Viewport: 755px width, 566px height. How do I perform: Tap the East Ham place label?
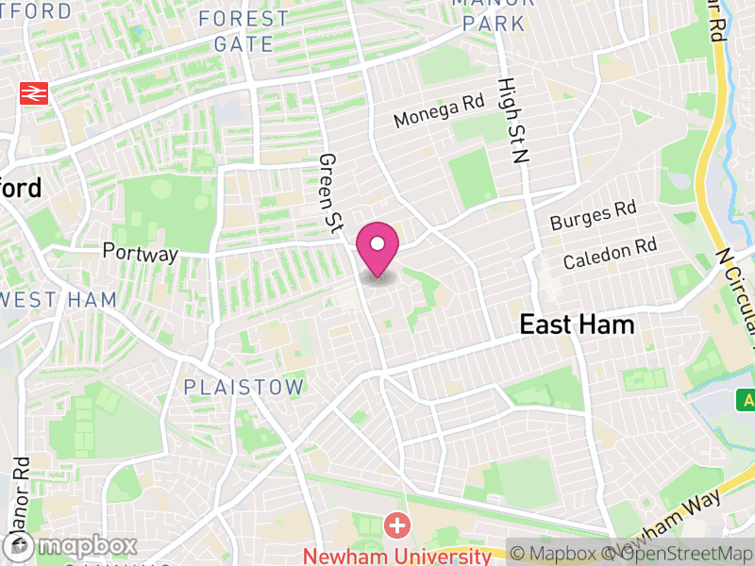click(x=577, y=325)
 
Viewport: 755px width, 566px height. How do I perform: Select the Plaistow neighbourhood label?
click(x=244, y=387)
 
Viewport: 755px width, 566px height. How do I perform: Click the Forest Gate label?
click(x=243, y=31)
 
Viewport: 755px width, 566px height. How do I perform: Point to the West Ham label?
click(x=59, y=300)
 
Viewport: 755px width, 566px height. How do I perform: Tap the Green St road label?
click(x=330, y=192)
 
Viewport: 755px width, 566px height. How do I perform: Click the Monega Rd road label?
click(x=438, y=112)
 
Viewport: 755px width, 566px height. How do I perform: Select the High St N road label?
click(x=511, y=121)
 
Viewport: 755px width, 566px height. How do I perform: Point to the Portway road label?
click(x=140, y=254)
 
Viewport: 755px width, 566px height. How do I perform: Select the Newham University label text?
click(x=396, y=555)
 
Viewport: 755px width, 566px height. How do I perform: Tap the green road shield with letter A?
click(x=747, y=400)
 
